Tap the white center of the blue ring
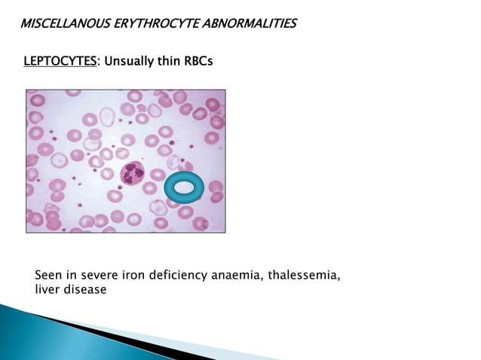[x=183, y=188]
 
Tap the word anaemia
[x=239, y=276]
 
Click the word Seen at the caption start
[x=49, y=276]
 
